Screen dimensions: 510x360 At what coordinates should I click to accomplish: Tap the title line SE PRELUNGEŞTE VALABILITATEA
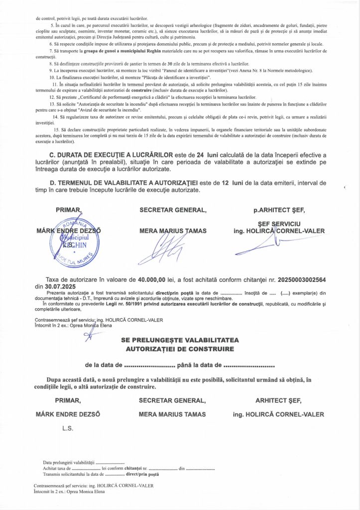180,340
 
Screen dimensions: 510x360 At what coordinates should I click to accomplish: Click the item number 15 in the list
56,129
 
